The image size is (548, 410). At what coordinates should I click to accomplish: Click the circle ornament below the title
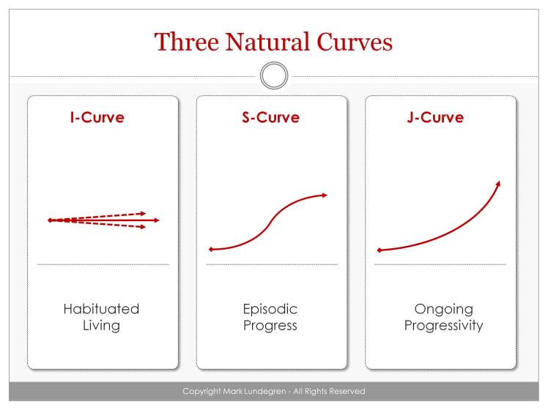click(x=274, y=75)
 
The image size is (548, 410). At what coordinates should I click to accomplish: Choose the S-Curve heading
click(x=270, y=117)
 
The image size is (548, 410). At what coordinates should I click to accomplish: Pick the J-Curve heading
click(x=435, y=117)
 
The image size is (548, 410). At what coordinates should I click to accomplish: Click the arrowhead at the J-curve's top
click(x=499, y=183)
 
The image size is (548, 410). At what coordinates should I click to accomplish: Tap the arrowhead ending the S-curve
click(x=325, y=195)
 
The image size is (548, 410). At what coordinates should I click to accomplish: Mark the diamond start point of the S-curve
click(x=211, y=250)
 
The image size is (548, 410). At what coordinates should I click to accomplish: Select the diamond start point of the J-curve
click(x=379, y=250)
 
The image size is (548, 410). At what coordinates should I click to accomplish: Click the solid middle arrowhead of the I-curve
click(x=155, y=220)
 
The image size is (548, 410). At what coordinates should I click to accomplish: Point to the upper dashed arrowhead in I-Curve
click(x=143, y=213)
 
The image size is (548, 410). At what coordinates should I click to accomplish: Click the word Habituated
click(x=101, y=309)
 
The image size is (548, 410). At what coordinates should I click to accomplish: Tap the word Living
click(x=101, y=326)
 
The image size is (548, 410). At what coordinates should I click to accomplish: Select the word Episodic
click(x=270, y=309)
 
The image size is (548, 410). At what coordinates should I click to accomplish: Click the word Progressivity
click(x=443, y=326)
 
